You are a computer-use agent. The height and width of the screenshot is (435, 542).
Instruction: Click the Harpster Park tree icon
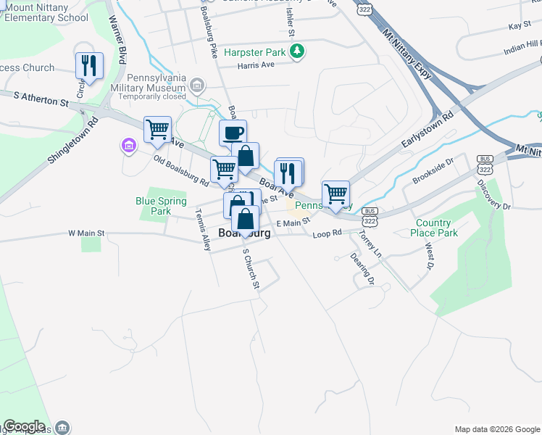coord(296,51)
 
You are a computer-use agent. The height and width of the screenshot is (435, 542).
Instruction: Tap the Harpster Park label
coord(254,52)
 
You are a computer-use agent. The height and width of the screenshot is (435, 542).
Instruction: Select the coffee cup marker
coord(233,133)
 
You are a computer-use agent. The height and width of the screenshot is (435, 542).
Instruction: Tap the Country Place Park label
coord(437,228)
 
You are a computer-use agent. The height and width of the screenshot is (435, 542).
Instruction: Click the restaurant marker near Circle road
coord(89,66)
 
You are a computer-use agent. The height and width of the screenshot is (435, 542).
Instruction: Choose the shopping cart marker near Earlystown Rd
coord(335,194)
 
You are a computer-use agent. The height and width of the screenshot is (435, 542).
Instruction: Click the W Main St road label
coord(86,233)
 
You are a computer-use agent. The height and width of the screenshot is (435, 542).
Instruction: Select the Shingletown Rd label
coord(73,141)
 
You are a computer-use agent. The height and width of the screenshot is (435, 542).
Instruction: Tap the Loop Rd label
coord(327,234)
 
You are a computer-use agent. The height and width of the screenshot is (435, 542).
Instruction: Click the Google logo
coord(24,426)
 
